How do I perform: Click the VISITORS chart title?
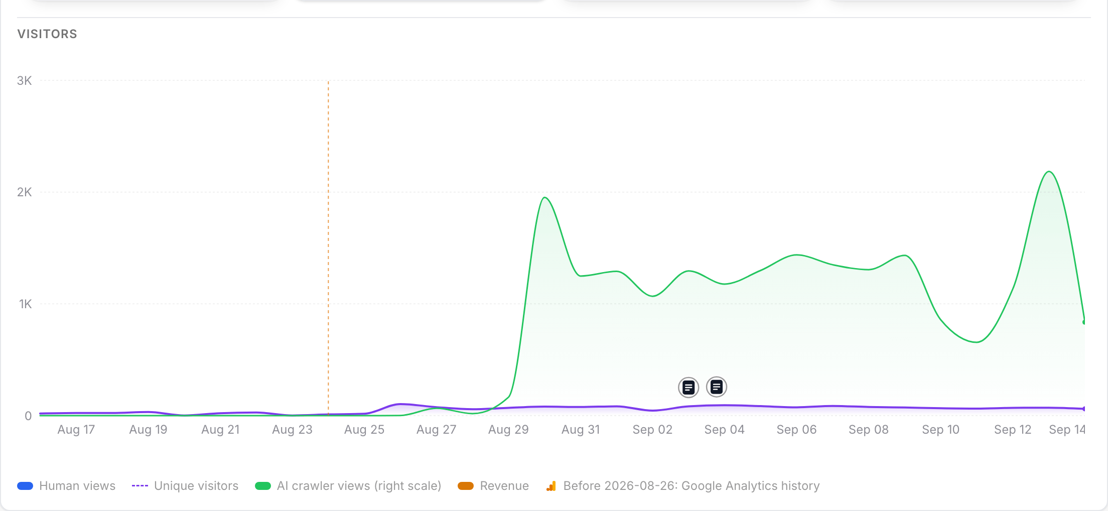click(x=47, y=34)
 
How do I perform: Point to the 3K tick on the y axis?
click(x=24, y=81)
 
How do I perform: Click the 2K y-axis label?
click(x=24, y=192)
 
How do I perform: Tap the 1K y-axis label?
click(x=25, y=304)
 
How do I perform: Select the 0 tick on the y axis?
click(x=28, y=416)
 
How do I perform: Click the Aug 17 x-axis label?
click(x=76, y=430)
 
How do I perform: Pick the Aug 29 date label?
click(x=508, y=430)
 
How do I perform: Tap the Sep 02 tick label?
click(x=652, y=430)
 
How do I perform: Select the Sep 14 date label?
click(x=1067, y=430)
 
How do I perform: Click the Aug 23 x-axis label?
click(x=292, y=430)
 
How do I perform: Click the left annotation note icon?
click(x=688, y=388)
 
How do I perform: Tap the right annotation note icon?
click(x=717, y=387)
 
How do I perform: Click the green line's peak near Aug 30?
click(x=545, y=198)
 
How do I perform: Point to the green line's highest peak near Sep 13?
click(x=1049, y=172)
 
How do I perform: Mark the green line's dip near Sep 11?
click(x=977, y=342)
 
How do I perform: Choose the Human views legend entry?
click(x=66, y=486)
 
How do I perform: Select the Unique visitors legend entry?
click(x=185, y=486)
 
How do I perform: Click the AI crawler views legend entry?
click(x=348, y=486)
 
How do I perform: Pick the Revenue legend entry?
click(x=493, y=486)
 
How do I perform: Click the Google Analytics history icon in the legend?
click(x=551, y=486)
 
